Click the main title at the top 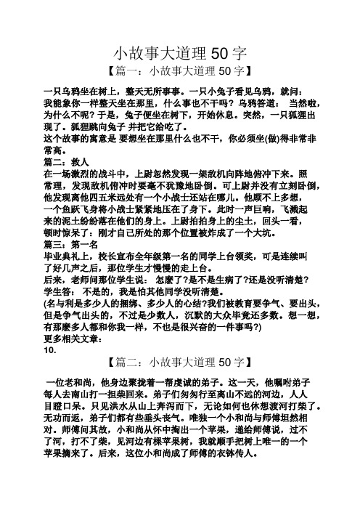pos(181,52)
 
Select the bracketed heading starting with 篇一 pos(180,71)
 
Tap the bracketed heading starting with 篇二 pos(180,361)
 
